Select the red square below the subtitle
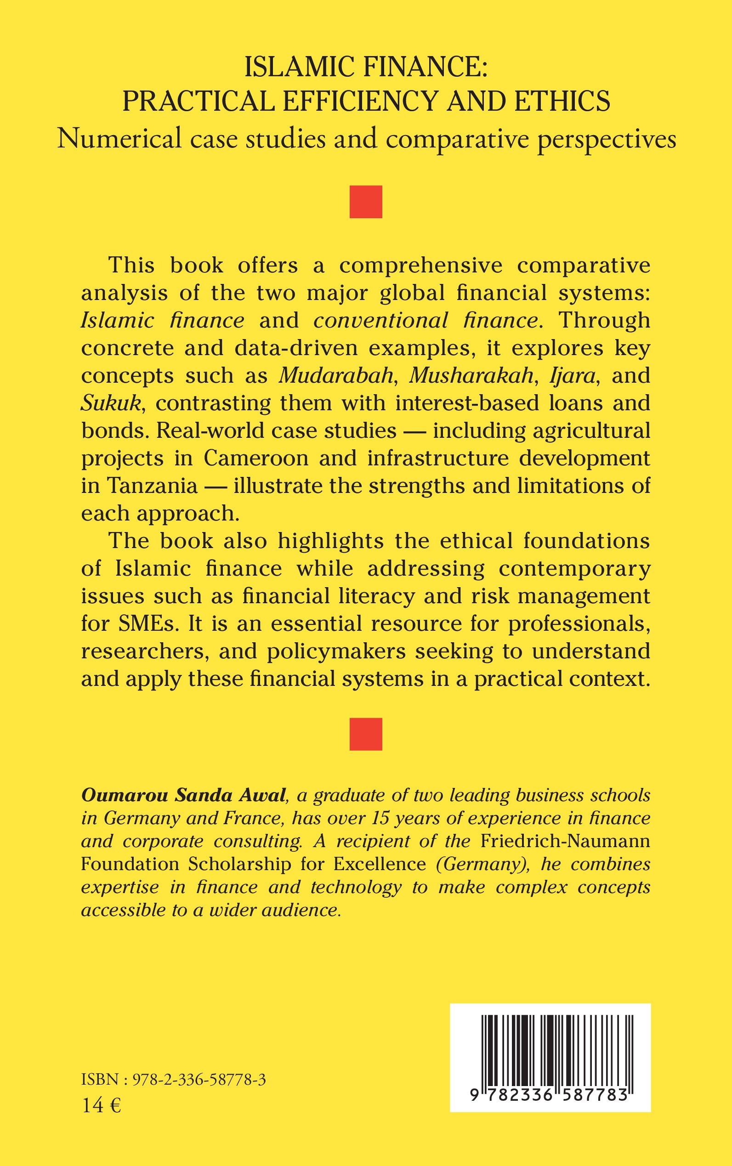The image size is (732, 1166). point(365,202)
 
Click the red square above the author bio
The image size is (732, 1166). point(365,734)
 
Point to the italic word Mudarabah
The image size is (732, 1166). point(335,376)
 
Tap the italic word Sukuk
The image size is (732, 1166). point(110,404)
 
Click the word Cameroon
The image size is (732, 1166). point(255,458)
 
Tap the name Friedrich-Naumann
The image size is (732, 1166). point(565,841)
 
